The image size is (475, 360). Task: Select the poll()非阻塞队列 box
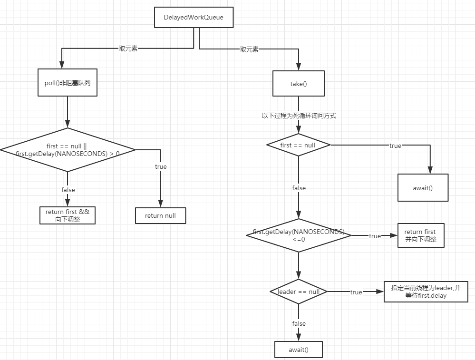point(68,82)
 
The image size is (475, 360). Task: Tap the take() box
point(299,84)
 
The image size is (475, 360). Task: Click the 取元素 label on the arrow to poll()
point(128,49)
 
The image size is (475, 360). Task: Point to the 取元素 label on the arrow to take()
point(249,49)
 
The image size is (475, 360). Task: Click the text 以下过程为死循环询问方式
point(299,116)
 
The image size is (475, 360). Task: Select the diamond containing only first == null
point(298,145)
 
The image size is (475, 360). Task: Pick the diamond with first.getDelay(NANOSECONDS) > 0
point(68,150)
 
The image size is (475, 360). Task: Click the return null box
point(160,215)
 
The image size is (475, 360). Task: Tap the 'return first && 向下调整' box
point(68,215)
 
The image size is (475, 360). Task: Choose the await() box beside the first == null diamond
point(423,187)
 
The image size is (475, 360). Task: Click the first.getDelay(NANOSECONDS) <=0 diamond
point(299,235)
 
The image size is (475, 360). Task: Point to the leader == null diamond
point(299,292)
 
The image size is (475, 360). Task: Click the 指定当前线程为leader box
point(426,292)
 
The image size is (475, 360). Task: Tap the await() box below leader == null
point(299,350)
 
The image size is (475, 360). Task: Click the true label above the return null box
point(161,166)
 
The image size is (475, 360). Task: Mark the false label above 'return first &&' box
point(68,190)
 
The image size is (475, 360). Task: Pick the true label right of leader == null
point(356,292)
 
